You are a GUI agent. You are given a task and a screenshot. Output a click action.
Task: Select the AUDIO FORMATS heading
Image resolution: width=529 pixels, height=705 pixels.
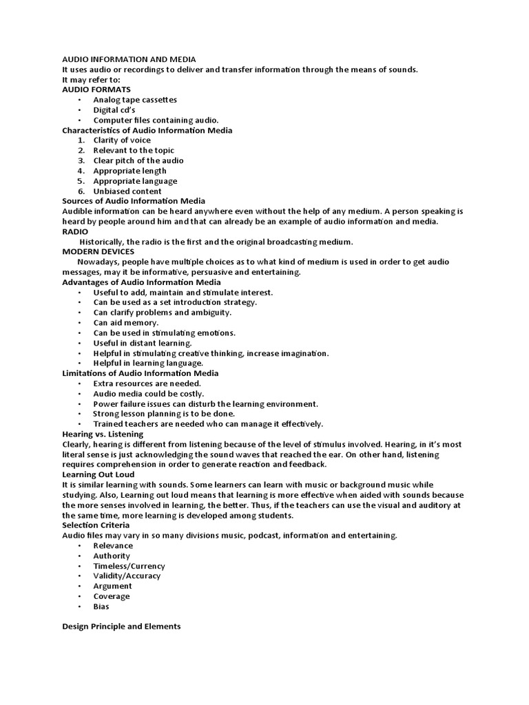pos(96,90)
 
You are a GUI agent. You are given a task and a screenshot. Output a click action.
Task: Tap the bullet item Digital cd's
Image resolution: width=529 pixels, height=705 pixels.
pos(114,109)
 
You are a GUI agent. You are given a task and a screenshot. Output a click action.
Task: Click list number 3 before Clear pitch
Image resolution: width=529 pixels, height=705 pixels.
pos(81,160)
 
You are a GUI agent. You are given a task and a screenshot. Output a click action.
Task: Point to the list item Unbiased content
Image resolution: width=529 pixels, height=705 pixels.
pos(127,191)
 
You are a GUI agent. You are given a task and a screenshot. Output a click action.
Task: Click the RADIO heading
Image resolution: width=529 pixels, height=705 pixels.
pos(75,232)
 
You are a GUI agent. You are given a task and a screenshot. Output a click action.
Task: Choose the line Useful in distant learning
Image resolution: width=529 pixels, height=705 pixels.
pos(143,343)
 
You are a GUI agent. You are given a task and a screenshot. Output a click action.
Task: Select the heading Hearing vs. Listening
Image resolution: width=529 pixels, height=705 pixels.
pos(103,434)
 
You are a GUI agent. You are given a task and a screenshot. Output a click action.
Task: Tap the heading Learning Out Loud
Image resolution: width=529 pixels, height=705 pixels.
pos(98,475)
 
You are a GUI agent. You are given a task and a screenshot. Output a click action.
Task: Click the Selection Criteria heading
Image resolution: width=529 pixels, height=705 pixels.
pos(96,525)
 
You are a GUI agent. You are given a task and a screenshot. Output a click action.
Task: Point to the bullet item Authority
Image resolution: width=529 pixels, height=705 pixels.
pos(112,556)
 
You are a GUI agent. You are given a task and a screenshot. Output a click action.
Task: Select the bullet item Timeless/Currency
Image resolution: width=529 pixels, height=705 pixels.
pos(129,566)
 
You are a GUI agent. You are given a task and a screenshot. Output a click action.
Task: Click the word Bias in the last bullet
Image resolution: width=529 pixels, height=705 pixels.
pos(101,607)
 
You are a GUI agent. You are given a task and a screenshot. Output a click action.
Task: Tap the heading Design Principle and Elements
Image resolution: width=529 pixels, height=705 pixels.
pos(121,627)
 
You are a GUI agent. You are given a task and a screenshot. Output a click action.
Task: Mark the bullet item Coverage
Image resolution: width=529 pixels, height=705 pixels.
pos(112,596)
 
